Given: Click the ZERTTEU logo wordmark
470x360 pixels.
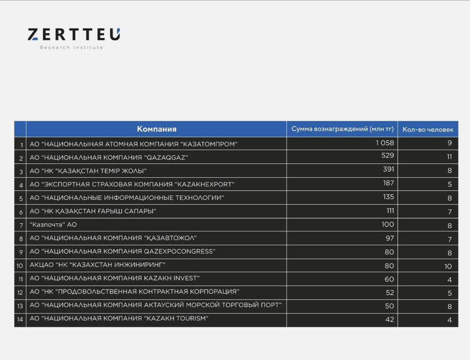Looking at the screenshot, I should click(x=74, y=34).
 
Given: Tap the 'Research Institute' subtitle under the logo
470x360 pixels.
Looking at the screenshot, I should click(x=71, y=47).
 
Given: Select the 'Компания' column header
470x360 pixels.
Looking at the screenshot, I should click(x=156, y=129).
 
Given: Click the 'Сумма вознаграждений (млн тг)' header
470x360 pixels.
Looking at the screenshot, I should click(x=342, y=129).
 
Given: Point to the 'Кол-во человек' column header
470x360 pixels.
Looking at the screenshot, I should click(x=428, y=129).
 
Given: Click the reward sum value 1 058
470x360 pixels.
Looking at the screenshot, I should click(x=385, y=143).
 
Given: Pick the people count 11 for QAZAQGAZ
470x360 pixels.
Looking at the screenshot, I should click(x=449, y=157).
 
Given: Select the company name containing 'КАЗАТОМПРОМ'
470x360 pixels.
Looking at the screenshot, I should click(x=133, y=144).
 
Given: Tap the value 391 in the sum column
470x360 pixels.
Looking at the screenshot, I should click(x=388, y=169).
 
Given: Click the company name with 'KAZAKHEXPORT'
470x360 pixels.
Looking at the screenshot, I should click(x=132, y=184).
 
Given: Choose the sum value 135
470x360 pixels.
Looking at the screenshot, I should click(x=388, y=197).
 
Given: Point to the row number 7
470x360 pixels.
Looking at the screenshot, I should click(x=20, y=225).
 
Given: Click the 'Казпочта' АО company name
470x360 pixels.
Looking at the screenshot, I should click(x=53, y=225).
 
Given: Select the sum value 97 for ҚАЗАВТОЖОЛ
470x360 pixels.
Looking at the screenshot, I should click(x=389, y=238).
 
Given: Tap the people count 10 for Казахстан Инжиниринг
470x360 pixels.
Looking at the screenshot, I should click(x=448, y=266).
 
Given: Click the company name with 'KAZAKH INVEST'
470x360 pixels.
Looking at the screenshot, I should click(x=115, y=278).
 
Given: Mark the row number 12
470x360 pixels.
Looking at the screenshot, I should click(x=20, y=293).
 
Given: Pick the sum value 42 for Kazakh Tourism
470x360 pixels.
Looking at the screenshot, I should click(x=389, y=320).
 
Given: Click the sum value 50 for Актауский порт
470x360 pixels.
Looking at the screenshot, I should click(x=389, y=306).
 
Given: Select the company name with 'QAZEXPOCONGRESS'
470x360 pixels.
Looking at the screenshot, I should click(x=122, y=251).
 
